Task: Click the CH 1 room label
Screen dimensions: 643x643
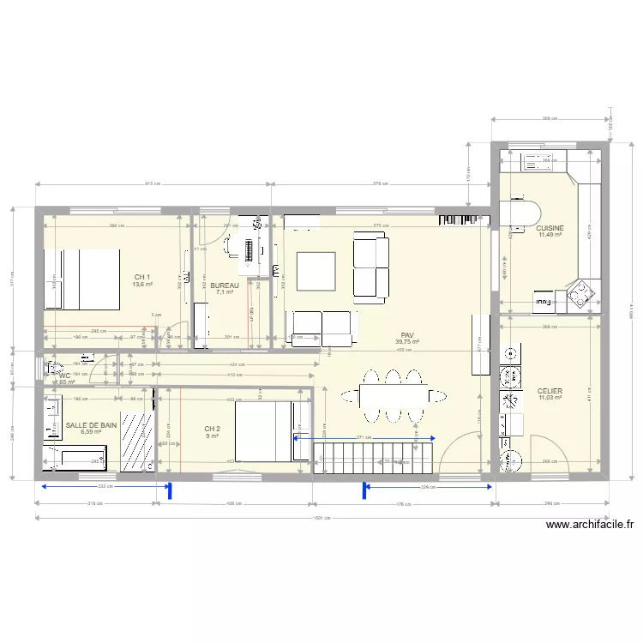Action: (x=142, y=277)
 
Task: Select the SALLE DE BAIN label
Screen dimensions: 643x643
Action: (x=91, y=424)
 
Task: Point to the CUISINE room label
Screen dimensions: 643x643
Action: (x=550, y=228)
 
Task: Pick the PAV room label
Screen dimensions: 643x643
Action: (x=407, y=335)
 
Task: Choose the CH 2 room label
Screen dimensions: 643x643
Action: (x=213, y=429)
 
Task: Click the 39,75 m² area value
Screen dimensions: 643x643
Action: (x=407, y=342)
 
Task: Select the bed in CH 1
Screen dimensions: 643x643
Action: (x=81, y=279)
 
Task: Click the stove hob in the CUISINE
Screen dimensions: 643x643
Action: (x=581, y=294)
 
